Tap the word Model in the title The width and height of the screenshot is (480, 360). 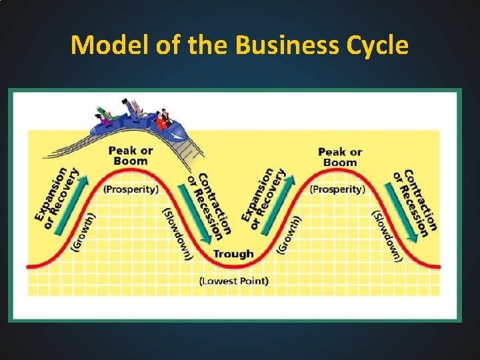coord(109,45)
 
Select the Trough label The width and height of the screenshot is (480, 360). coord(233,253)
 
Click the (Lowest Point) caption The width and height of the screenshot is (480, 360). coord(234,281)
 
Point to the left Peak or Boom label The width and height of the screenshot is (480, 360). coord(131,155)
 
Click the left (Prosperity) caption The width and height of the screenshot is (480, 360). coord(131,189)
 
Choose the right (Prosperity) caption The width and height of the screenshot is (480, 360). coord(337,189)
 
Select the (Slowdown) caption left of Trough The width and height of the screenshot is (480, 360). coord(177,234)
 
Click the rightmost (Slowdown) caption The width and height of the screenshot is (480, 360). coord(387,236)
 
